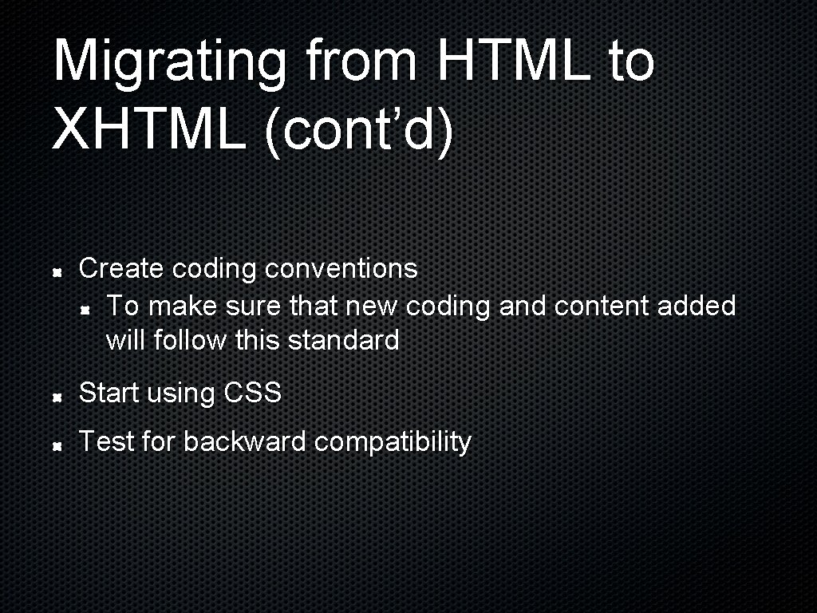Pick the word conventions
pos(341,268)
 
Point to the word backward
pos(244,441)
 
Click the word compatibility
pos(393,442)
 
